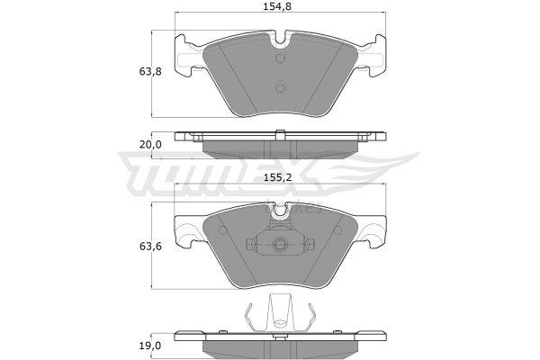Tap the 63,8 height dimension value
click(150, 72)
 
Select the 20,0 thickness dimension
click(150, 145)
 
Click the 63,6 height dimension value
click(150, 247)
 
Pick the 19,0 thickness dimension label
click(150, 346)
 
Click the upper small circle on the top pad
click(281, 58)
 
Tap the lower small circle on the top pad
click(281, 88)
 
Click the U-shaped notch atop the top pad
click(281, 38)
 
